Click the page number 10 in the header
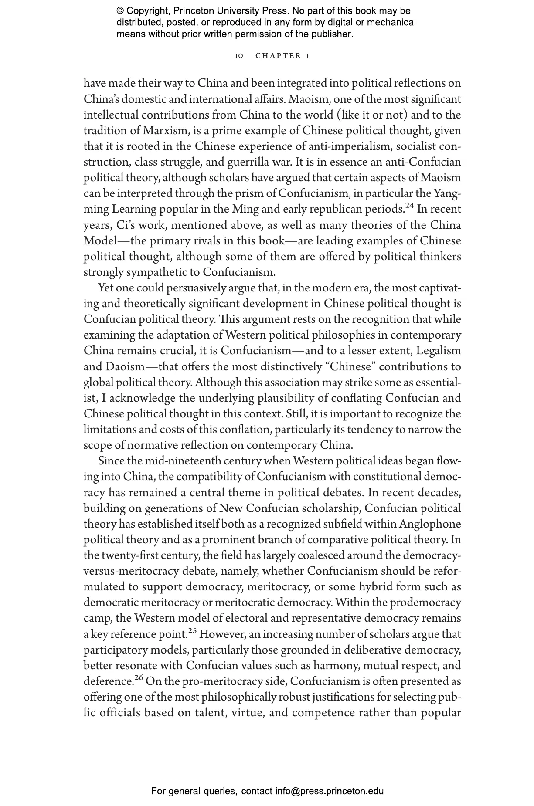tap(238, 56)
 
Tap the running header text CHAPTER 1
tap(282, 56)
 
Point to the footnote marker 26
tap(139, 678)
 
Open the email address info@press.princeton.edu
tap(329, 791)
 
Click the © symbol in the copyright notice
tap(121, 11)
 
